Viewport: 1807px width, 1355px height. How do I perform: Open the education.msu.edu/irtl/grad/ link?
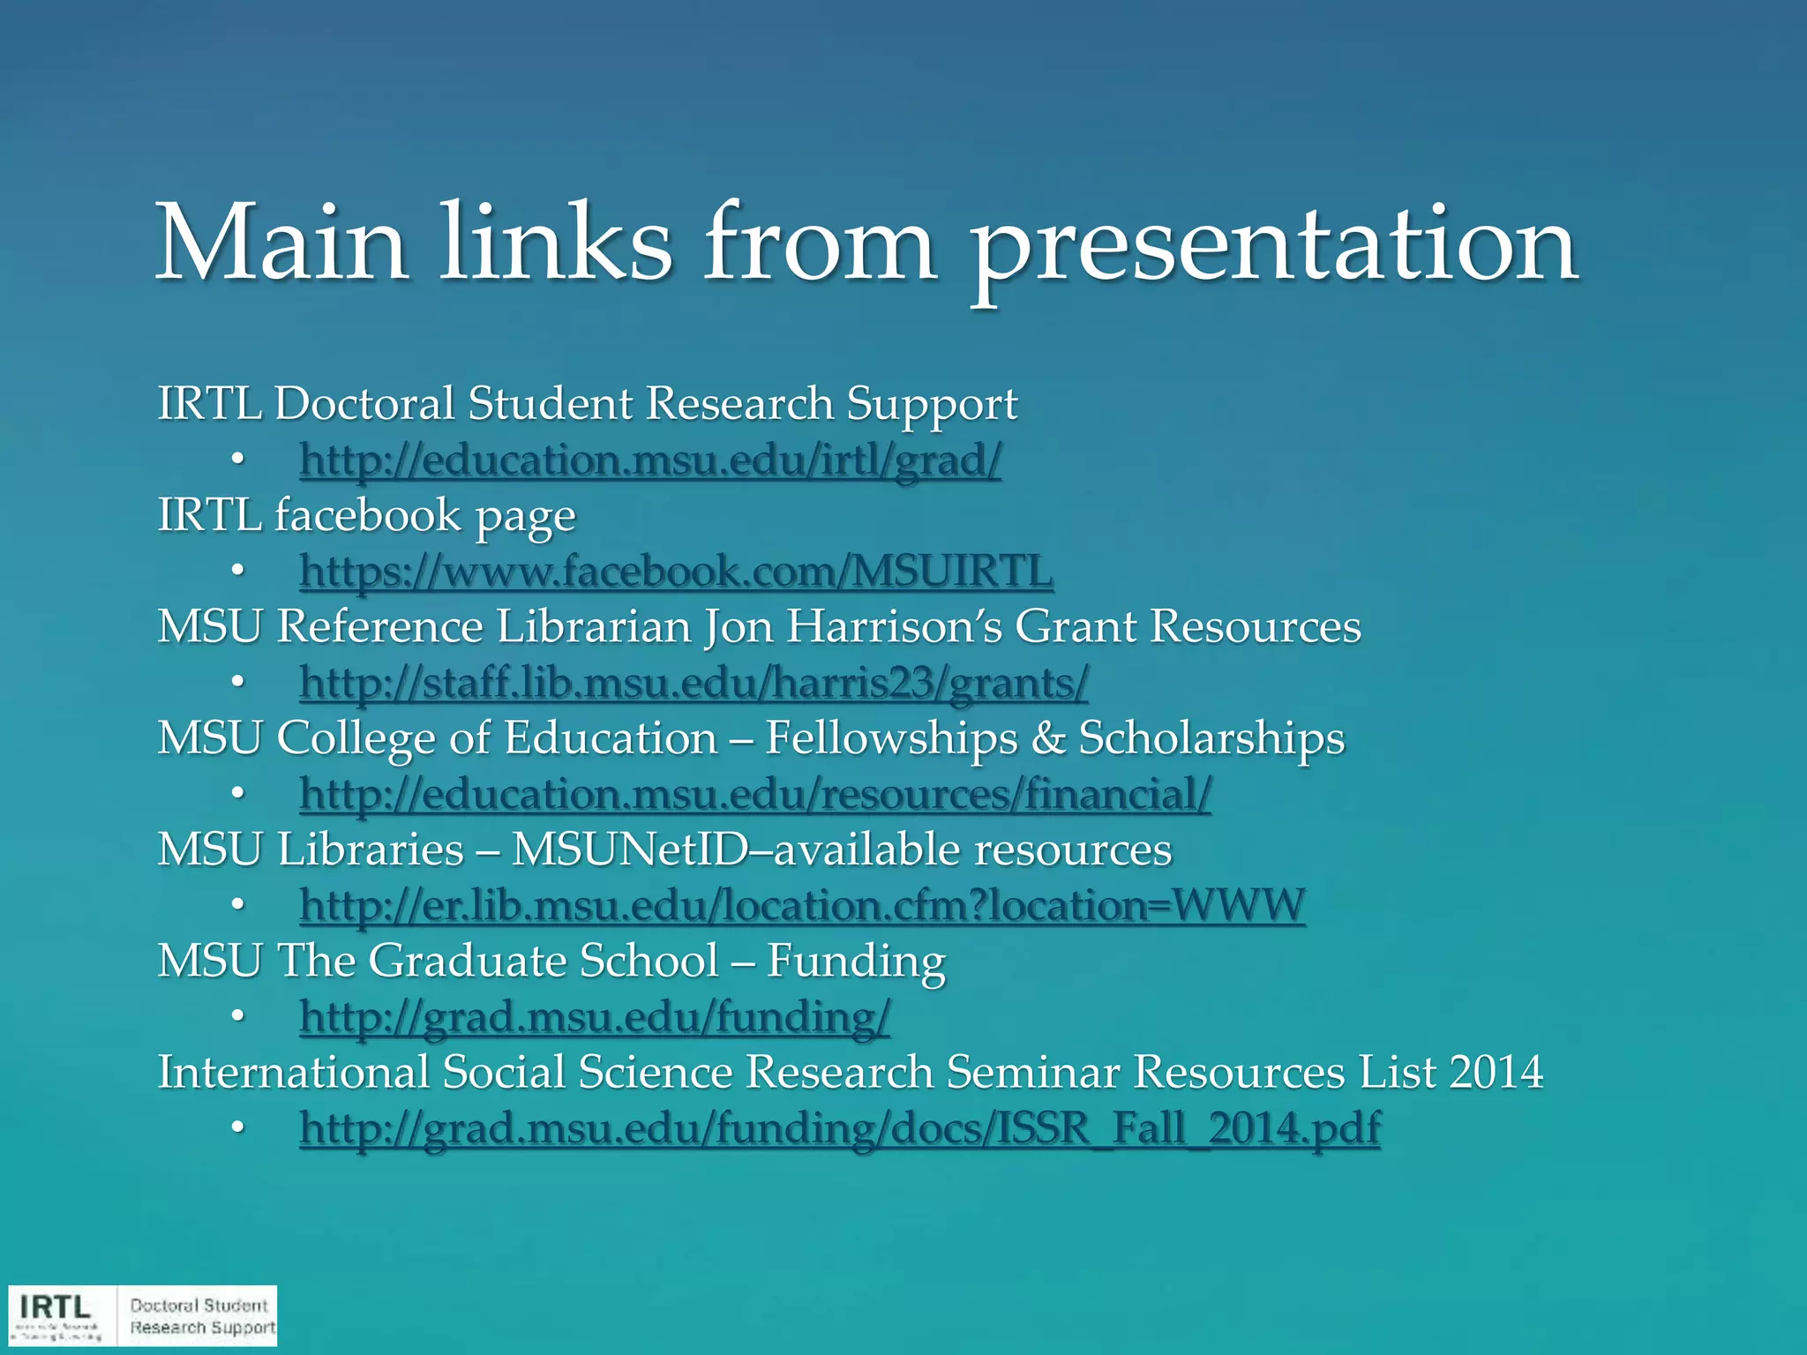click(x=650, y=460)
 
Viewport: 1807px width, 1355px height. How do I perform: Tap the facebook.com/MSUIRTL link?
click(x=676, y=571)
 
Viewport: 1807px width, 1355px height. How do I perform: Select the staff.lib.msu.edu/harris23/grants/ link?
click(x=694, y=682)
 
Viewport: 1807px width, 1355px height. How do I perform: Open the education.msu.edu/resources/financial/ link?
click(x=755, y=794)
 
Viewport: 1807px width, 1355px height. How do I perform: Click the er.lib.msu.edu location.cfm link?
click(x=801, y=905)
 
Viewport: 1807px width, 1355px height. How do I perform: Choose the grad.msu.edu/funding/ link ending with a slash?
click(x=595, y=1017)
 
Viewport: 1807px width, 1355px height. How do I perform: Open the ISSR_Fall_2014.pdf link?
click(x=839, y=1128)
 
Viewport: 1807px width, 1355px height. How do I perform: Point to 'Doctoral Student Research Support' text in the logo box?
click(x=201, y=1316)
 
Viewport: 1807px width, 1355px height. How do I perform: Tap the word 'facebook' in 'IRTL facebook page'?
click(x=368, y=515)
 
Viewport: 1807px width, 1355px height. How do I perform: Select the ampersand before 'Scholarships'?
click(x=1048, y=738)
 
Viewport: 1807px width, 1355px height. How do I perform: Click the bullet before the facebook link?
click(x=236, y=571)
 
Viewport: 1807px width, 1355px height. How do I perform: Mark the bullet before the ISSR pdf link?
click(x=236, y=1128)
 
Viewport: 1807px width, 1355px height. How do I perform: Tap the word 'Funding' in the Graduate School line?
click(x=856, y=962)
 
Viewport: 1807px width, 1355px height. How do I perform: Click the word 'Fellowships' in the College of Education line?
click(x=891, y=738)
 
